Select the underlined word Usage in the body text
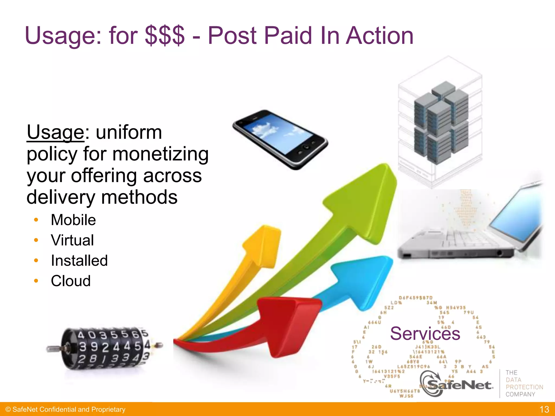point(56,132)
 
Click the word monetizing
point(160,154)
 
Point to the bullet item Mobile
point(73,220)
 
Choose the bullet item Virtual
point(72,240)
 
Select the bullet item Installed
point(79,261)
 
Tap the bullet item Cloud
point(71,281)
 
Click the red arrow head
point(287,325)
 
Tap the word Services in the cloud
point(425,333)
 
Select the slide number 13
point(544,409)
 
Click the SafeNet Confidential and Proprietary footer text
point(65,409)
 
